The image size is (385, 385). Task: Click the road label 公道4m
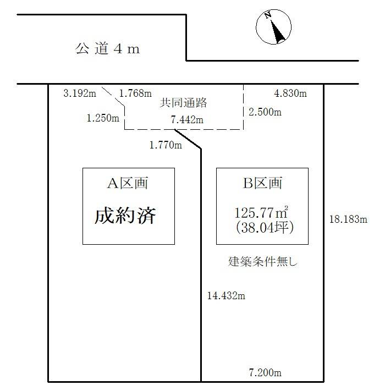[x=107, y=48]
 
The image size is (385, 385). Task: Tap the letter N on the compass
[x=268, y=15]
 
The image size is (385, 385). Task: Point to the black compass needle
[x=278, y=31]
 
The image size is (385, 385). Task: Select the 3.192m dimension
[x=80, y=94]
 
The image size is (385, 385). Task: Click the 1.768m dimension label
[x=135, y=94]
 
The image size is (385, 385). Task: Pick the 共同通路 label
[x=183, y=103]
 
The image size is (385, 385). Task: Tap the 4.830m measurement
[x=290, y=94]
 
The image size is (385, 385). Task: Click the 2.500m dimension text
[x=265, y=112]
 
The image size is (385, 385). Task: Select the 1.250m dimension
[x=103, y=118]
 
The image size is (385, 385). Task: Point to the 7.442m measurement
[x=187, y=120]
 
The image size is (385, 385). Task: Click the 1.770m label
[x=166, y=145]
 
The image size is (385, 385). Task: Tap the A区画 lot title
[x=128, y=183]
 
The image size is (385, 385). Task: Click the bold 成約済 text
[x=125, y=216]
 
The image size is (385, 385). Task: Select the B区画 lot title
[x=262, y=183]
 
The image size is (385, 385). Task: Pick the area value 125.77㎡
[x=261, y=213]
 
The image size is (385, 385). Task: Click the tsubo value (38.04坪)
[x=265, y=228]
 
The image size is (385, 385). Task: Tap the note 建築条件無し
[x=263, y=261]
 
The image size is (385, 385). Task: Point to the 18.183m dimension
[x=348, y=219]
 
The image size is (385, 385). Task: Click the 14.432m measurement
[x=226, y=296]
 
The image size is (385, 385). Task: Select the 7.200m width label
[x=265, y=373]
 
